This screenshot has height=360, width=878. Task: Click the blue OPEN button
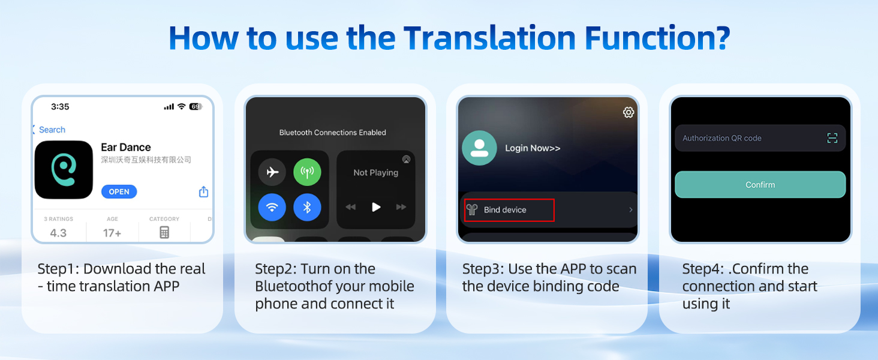(x=119, y=191)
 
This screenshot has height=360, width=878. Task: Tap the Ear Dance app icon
(x=64, y=170)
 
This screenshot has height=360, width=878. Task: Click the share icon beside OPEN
(x=203, y=191)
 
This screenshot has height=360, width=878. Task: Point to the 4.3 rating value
(x=58, y=233)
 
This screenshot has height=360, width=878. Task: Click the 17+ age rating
(x=112, y=233)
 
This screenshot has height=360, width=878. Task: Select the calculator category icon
(x=164, y=233)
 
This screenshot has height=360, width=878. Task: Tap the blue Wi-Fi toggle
(x=272, y=208)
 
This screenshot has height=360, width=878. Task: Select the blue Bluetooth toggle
(x=307, y=208)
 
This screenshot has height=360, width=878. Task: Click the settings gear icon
(x=629, y=112)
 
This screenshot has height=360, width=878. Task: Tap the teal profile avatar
(x=479, y=148)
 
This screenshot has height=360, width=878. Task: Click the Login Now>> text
(x=533, y=148)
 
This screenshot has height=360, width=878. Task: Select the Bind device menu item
(x=509, y=210)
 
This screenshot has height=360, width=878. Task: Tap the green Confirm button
(x=760, y=185)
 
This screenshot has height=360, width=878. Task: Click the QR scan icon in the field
(x=832, y=138)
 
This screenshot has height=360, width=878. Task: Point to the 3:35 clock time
(x=60, y=107)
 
